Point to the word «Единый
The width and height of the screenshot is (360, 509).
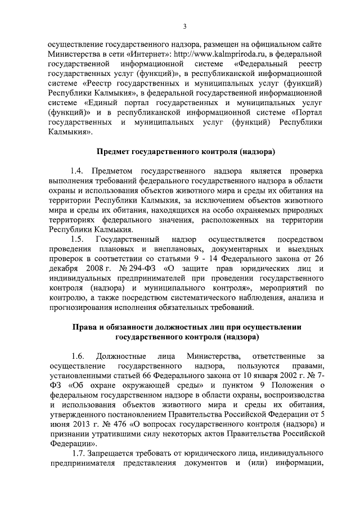(102, 104)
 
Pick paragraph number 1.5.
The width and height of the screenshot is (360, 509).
(78, 241)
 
